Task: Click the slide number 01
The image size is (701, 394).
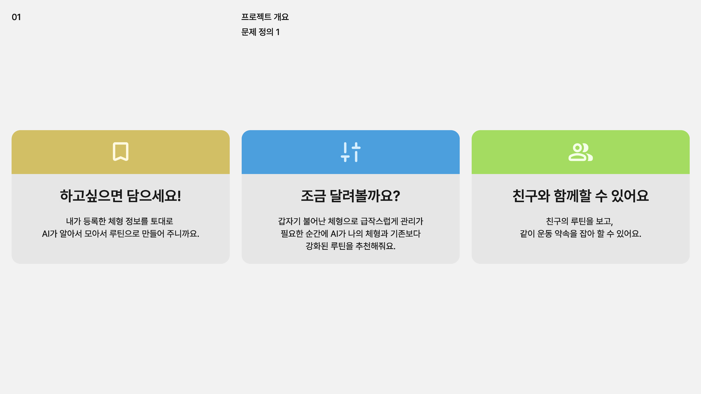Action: [x=16, y=17]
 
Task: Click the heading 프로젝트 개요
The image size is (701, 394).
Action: [x=265, y=17]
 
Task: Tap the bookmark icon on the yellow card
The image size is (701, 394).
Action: [x=121, y=151]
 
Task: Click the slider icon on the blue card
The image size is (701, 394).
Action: [x=351, y=152]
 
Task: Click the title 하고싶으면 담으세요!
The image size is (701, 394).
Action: [x=121, y=196]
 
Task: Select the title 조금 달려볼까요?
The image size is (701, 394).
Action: [x=351, y=196]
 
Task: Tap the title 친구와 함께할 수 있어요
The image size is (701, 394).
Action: [x=580, y=196]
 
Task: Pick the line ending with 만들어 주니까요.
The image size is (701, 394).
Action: [x=121, y=234]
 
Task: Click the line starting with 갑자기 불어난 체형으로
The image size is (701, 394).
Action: [x=351, y=221]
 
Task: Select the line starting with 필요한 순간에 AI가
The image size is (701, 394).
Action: [x=351, y=234]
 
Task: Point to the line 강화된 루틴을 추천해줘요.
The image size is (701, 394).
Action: [x=351, y=246]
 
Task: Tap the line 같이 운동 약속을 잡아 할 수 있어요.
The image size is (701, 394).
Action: [x=580, y=234]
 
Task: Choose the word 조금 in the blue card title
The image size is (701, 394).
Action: [x=313, y=196]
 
